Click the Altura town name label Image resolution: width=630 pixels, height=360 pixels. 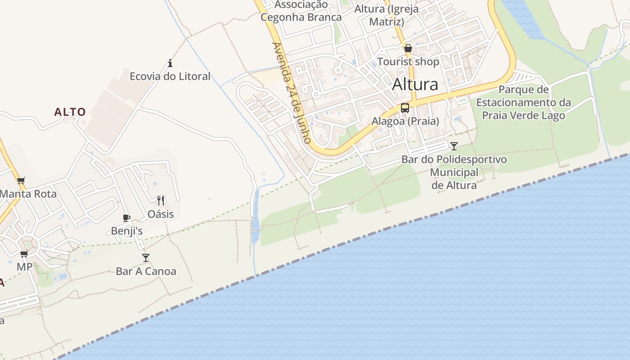415,84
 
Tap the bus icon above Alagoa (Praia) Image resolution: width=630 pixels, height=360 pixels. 405,108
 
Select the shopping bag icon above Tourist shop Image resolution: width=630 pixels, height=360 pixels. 408,48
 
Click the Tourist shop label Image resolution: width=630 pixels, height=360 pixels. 408,62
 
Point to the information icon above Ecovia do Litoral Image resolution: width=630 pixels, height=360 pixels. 170,63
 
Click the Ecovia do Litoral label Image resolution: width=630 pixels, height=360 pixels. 170,76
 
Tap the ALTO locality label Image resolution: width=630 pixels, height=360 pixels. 70,112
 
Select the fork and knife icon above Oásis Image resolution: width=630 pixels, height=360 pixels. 161,200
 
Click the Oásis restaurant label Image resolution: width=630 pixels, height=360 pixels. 161,214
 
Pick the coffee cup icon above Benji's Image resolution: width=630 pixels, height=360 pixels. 126,218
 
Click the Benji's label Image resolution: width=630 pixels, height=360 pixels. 127,231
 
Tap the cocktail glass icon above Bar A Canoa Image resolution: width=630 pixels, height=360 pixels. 146,257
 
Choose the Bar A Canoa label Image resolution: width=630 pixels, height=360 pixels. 146,271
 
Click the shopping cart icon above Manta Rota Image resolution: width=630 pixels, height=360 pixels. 21,181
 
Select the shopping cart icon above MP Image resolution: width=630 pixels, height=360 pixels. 24,254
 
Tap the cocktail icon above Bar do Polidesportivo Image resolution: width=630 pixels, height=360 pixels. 454,146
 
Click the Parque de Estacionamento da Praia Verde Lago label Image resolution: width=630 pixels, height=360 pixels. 523,103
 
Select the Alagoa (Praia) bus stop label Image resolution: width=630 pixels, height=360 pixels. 405,121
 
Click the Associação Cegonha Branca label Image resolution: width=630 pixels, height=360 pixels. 301,11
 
